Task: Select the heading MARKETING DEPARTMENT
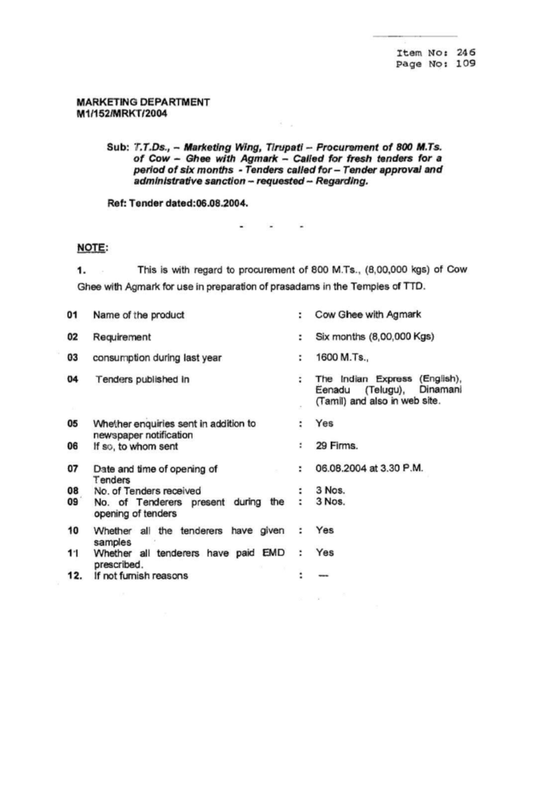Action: click(143, 102)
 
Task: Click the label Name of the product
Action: click(139, 316)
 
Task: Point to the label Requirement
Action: click(122, 337)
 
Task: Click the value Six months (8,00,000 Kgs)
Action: click(373, 336)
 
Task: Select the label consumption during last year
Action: click(156, 358)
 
